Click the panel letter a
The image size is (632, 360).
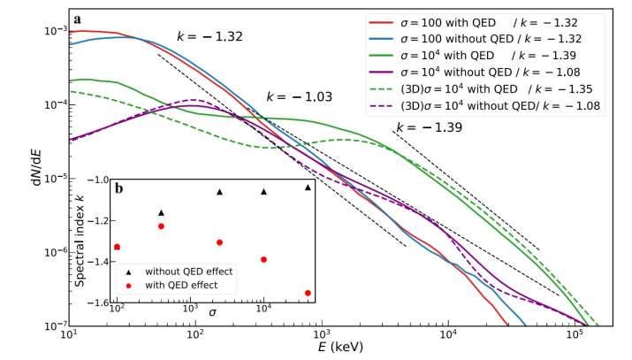[79, 19]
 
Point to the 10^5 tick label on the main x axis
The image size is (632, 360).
[575, 336]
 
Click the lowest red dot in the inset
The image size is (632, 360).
[308, 293]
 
